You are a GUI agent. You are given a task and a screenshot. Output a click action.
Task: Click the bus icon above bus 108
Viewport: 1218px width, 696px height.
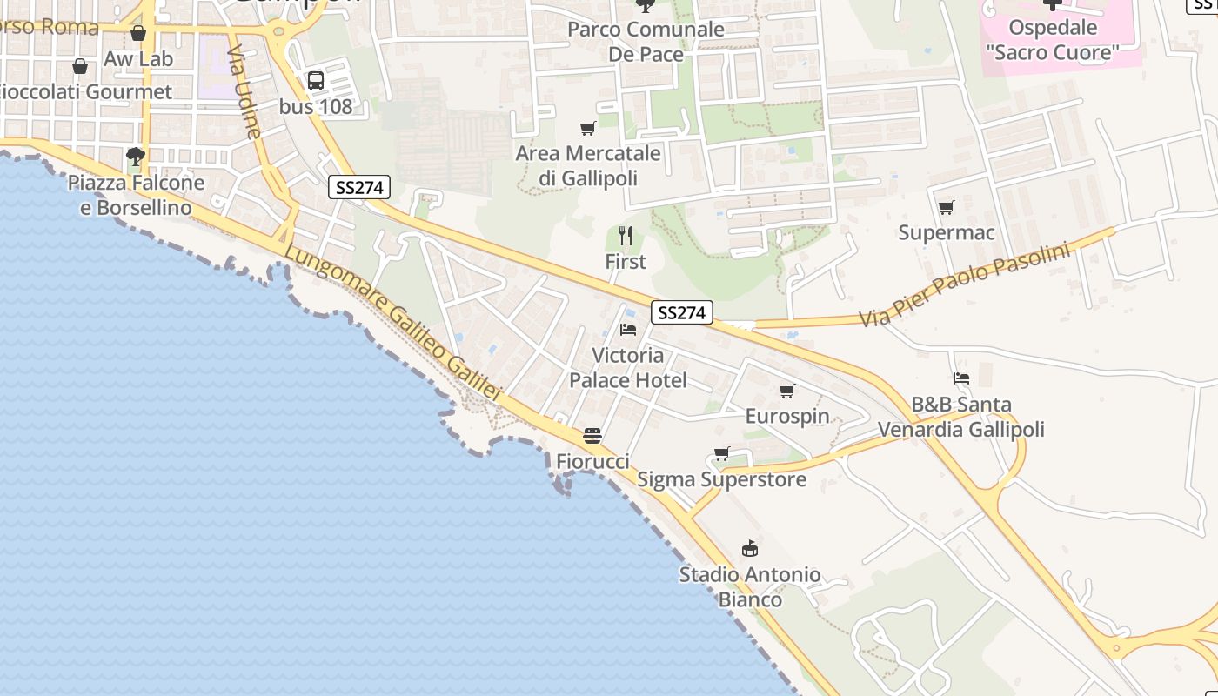click(316, 81)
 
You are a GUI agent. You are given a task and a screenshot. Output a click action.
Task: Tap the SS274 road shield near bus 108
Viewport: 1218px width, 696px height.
click(359, 187)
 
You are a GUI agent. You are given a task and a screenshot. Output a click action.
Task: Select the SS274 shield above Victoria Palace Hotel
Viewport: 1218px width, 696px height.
click(681, 313)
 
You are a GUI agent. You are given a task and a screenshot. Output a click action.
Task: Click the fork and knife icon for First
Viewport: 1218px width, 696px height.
click(625, 236)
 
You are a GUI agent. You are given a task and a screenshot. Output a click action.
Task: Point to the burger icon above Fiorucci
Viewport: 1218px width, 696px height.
click(592, 435)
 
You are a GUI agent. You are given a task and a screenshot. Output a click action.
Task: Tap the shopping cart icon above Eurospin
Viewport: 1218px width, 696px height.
click(787, 391)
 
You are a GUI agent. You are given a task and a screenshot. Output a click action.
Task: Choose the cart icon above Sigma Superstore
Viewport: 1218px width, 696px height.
click(721, 453)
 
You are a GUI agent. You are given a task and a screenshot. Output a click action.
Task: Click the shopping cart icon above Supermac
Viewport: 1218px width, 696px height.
click(946, 207)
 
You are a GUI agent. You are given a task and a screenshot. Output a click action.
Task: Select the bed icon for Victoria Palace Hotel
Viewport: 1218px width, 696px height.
click(627, 330)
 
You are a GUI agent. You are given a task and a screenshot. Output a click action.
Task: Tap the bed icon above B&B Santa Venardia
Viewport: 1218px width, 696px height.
click(960, 378)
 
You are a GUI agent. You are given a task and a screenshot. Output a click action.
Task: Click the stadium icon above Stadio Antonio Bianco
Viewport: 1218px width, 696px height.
click(749, 548)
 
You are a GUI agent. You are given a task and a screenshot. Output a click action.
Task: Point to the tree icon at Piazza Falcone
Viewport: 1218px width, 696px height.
click(135, 157)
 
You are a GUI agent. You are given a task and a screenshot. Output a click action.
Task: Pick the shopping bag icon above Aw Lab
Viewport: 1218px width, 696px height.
click(138, 34)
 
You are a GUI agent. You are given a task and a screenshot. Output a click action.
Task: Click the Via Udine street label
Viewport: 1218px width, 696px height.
click(244, 92)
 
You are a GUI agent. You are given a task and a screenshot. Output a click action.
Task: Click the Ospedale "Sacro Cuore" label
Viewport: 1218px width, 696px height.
click(1052, 40)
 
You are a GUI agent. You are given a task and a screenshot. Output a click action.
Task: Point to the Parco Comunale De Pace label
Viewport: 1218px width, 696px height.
click(646, 42)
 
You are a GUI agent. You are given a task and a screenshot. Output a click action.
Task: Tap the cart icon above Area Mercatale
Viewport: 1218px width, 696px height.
click(588, 129)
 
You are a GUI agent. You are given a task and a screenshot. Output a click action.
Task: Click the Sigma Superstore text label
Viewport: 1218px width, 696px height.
click(722, 479)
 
